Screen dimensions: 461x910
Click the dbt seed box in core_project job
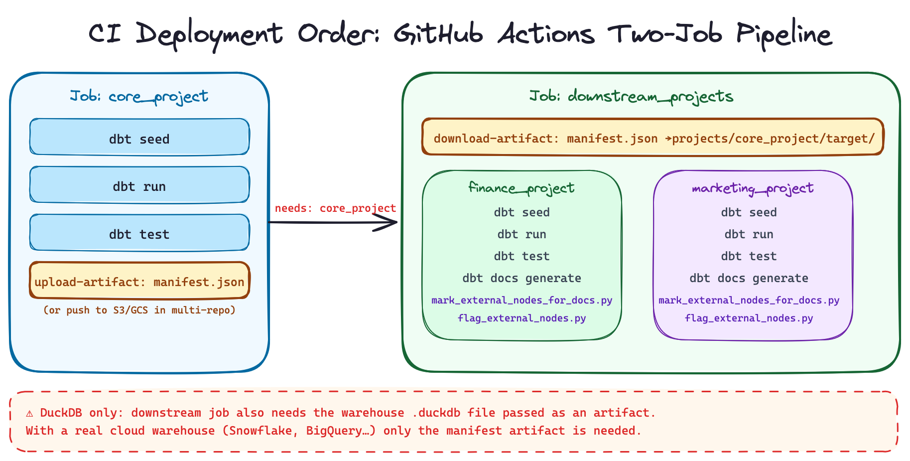[139, 137]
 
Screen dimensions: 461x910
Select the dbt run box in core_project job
[139, 185]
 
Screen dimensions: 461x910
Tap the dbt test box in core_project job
[139, 233]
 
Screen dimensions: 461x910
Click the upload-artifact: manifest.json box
[139, 281]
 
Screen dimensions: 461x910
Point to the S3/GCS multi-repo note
[139, 310]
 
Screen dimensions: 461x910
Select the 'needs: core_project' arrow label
[335, 208]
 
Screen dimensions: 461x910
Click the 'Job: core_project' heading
[139, 96]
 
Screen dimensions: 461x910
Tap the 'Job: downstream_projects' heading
[631, 96]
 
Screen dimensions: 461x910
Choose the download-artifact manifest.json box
[652, 137]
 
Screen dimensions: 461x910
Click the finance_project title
[521, 188]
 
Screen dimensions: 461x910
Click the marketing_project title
[752, 188]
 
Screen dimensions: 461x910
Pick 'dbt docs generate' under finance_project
[521, 278]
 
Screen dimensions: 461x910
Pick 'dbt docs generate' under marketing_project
[749, 278]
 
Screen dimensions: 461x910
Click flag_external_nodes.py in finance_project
[521, 318]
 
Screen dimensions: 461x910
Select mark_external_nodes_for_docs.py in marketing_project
[749, 300]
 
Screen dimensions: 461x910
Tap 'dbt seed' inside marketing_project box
[749, 212]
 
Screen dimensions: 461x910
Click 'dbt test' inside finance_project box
[521, 256]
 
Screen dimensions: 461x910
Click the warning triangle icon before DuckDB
[30, 413]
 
